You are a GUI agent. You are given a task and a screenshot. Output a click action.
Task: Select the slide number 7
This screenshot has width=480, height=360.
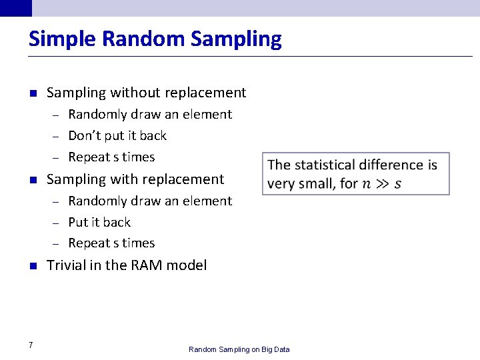pyautogui.click(x=31, y=345)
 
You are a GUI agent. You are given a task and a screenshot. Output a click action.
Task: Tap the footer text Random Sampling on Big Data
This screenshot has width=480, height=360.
pyautogui.click(x=239, y=349)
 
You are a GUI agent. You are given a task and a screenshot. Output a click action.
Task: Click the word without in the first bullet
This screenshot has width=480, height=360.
pyautogui.click(x=135, y=93)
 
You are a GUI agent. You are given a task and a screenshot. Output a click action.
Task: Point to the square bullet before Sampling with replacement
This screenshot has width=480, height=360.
pyautogui.click(x=32, y=180)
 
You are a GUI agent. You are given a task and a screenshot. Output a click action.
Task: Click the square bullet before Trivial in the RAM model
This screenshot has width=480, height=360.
pyautogui.click(x=32, y=266)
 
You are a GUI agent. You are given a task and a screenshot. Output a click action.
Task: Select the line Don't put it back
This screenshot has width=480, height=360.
pyautogui.click(x=117, y=136)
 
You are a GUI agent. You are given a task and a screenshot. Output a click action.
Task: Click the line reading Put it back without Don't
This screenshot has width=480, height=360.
pyautogui.click(x=99, y=222)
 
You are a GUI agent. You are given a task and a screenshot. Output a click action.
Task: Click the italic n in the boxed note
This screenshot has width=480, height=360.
pyautogui.click(x=366, y=184)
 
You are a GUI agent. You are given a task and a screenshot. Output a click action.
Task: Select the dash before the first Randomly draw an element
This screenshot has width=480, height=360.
pyautogui.click(x=57, y=115)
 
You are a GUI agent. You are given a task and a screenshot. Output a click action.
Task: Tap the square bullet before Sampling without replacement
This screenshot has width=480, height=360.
pyautogui.click(x=32, y=93)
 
